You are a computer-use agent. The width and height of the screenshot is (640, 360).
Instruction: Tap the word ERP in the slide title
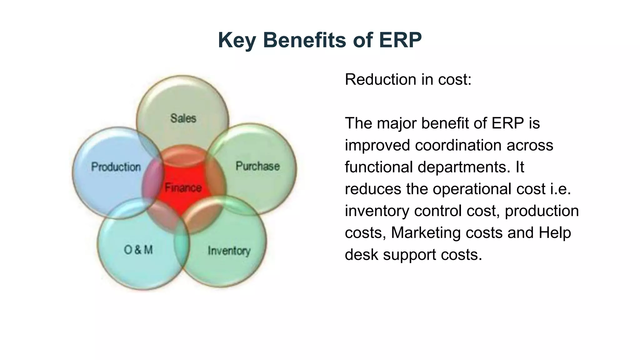tap(400, 40)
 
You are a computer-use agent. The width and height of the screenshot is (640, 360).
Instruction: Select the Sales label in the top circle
tap(183, 118)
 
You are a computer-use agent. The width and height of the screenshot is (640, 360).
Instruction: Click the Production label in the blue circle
tap(116, 167)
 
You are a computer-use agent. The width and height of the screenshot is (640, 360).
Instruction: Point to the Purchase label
tap(257, 166)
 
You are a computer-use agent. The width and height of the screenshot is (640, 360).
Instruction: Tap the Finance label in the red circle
tap(183, 188)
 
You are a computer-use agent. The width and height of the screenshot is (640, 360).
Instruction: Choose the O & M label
tap(138, 250)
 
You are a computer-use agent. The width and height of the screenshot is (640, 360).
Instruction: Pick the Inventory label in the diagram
tap(229, 251)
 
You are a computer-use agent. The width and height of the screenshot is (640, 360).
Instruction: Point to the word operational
tap(489, 189)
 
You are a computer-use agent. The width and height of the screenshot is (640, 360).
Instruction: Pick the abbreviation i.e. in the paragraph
tap(561, 189)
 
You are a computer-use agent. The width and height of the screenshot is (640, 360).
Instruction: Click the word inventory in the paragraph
tap(377, 211)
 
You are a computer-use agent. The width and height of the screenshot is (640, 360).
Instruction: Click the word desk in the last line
tap(362, 255)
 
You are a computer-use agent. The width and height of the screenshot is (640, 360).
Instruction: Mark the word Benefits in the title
tap(305, 41)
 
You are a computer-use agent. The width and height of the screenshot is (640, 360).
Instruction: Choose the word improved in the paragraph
tap(377, 145)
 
